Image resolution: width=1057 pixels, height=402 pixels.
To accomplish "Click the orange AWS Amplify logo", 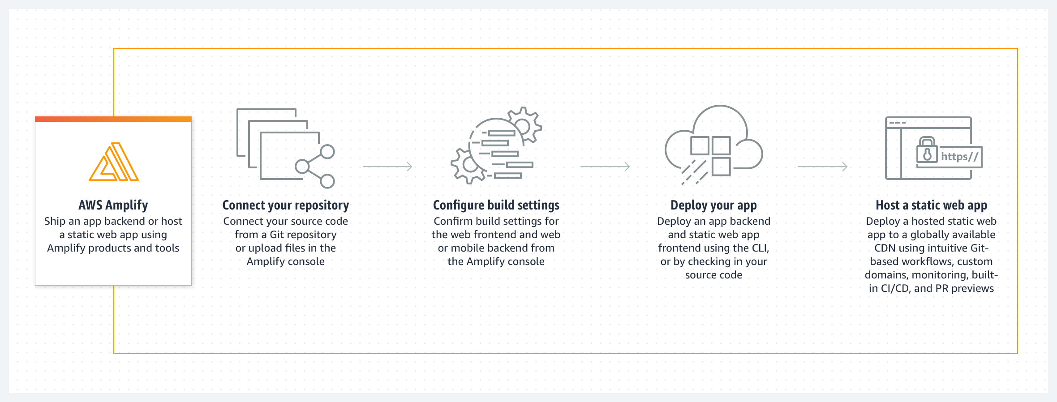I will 114,162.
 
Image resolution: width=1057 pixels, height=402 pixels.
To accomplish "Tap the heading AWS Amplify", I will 113,205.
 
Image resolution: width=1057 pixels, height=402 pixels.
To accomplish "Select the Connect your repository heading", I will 286,205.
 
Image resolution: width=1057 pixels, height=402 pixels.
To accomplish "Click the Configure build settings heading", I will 496,205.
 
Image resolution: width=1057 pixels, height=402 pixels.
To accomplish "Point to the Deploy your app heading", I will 713,205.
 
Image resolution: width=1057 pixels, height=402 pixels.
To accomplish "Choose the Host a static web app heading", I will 931,205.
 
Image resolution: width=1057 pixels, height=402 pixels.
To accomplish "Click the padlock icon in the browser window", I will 927,150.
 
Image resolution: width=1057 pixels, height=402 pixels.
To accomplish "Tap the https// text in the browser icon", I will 959,157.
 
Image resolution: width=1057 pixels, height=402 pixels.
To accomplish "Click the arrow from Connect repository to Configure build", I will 387,167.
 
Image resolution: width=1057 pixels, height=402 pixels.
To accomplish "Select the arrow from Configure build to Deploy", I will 605,167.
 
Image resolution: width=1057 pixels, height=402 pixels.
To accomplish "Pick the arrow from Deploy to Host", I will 823,167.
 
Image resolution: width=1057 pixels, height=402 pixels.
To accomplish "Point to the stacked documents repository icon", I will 278,145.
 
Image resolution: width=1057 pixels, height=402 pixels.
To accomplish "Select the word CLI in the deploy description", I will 760,248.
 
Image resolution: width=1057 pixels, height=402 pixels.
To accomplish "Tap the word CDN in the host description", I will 885,248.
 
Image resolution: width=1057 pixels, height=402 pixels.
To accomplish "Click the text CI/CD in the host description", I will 895,288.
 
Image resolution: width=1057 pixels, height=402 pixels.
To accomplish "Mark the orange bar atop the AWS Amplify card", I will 113,119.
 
